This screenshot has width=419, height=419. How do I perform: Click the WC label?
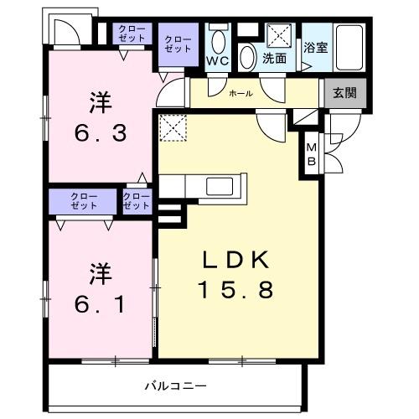(x=219, y=60)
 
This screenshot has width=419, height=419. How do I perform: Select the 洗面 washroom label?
(x=273, y=59)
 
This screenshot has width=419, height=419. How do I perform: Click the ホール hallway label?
(x=241, y=93)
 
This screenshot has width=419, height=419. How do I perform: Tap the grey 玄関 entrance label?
(x=344, y=92)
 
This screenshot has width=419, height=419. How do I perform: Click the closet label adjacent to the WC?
(x=177, y=44)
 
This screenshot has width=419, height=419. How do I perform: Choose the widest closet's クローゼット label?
(x=83, y=202)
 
